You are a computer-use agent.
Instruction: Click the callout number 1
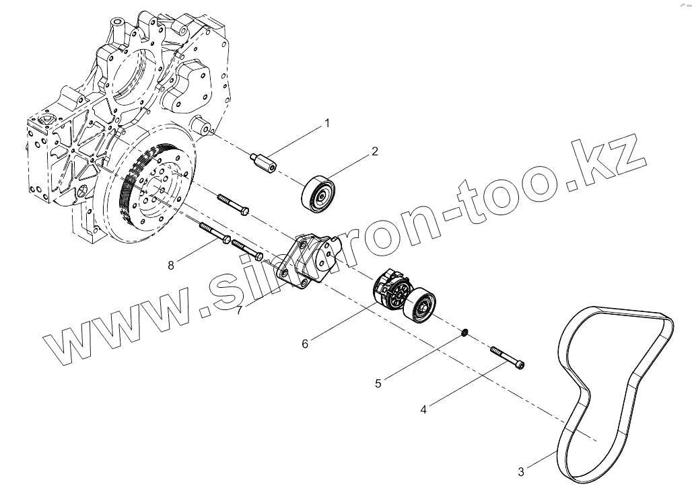pos(328,123)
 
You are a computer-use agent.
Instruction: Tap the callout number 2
pos(374,151)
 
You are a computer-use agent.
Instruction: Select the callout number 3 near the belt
pos(521,472)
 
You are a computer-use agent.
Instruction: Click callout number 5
pos(378,383)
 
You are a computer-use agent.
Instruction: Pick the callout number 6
pos(305,343)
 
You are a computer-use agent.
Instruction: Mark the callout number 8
pos(171,265)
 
